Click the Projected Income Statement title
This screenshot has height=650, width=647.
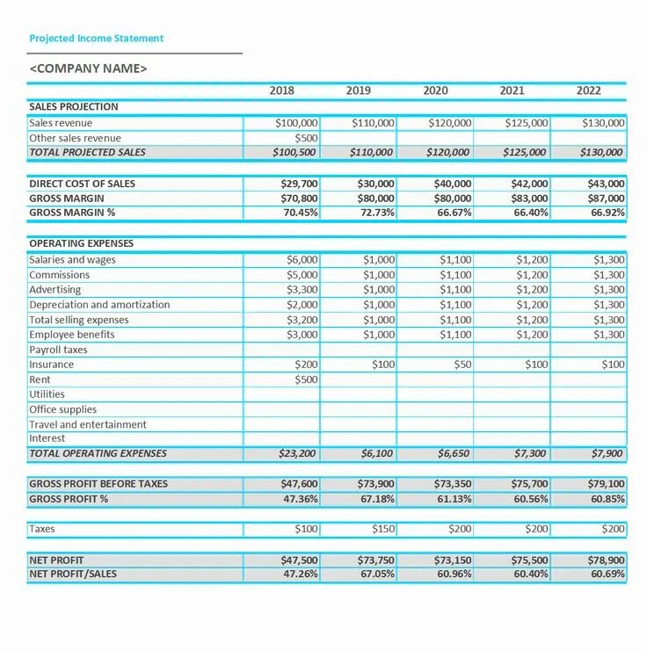(x=97, y=39)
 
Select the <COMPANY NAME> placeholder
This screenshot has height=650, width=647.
(x=89, y=69)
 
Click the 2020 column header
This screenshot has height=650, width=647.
(x=435, y=90)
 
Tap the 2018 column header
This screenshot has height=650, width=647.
(x=282, y=90)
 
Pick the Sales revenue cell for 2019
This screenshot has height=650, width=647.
(x=373, y=123)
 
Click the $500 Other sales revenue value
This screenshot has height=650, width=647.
(x=306, y=138)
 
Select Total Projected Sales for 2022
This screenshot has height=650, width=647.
(x=602, y=153)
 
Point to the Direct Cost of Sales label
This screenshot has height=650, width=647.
(x=83, y=184)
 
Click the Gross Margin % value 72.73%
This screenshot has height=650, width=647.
(x=375, y=213)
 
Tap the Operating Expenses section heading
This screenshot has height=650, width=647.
(x=81, y=243)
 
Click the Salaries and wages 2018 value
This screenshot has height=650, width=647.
(x=302, y=260)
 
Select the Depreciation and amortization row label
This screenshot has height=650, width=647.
(x=99, y=305)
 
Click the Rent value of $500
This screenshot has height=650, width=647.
(x=306, y=379)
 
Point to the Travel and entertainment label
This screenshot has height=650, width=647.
(x=88, y=424)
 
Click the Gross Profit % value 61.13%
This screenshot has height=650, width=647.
(x=452, y=499)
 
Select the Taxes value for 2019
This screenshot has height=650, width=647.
(x=382, y=529)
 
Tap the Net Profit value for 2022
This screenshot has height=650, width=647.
(x=606, y=560)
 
